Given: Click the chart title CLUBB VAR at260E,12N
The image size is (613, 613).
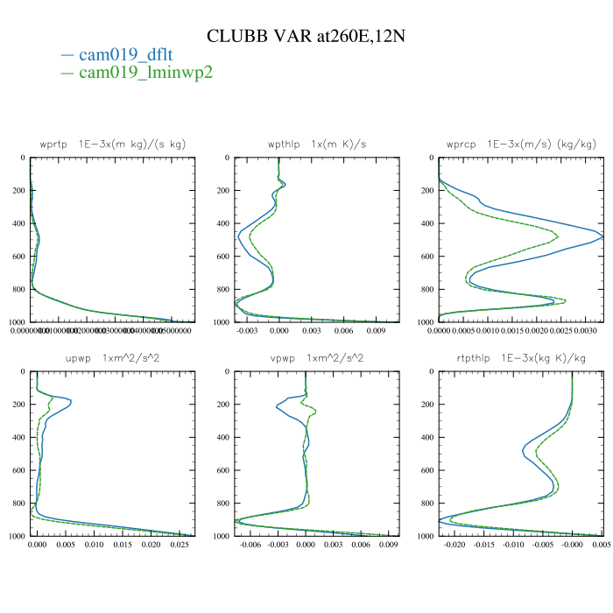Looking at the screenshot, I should coord(306,36).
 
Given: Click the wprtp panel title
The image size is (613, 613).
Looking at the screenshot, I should coord(113,144).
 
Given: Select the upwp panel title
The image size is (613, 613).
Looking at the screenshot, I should coord(113,358).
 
